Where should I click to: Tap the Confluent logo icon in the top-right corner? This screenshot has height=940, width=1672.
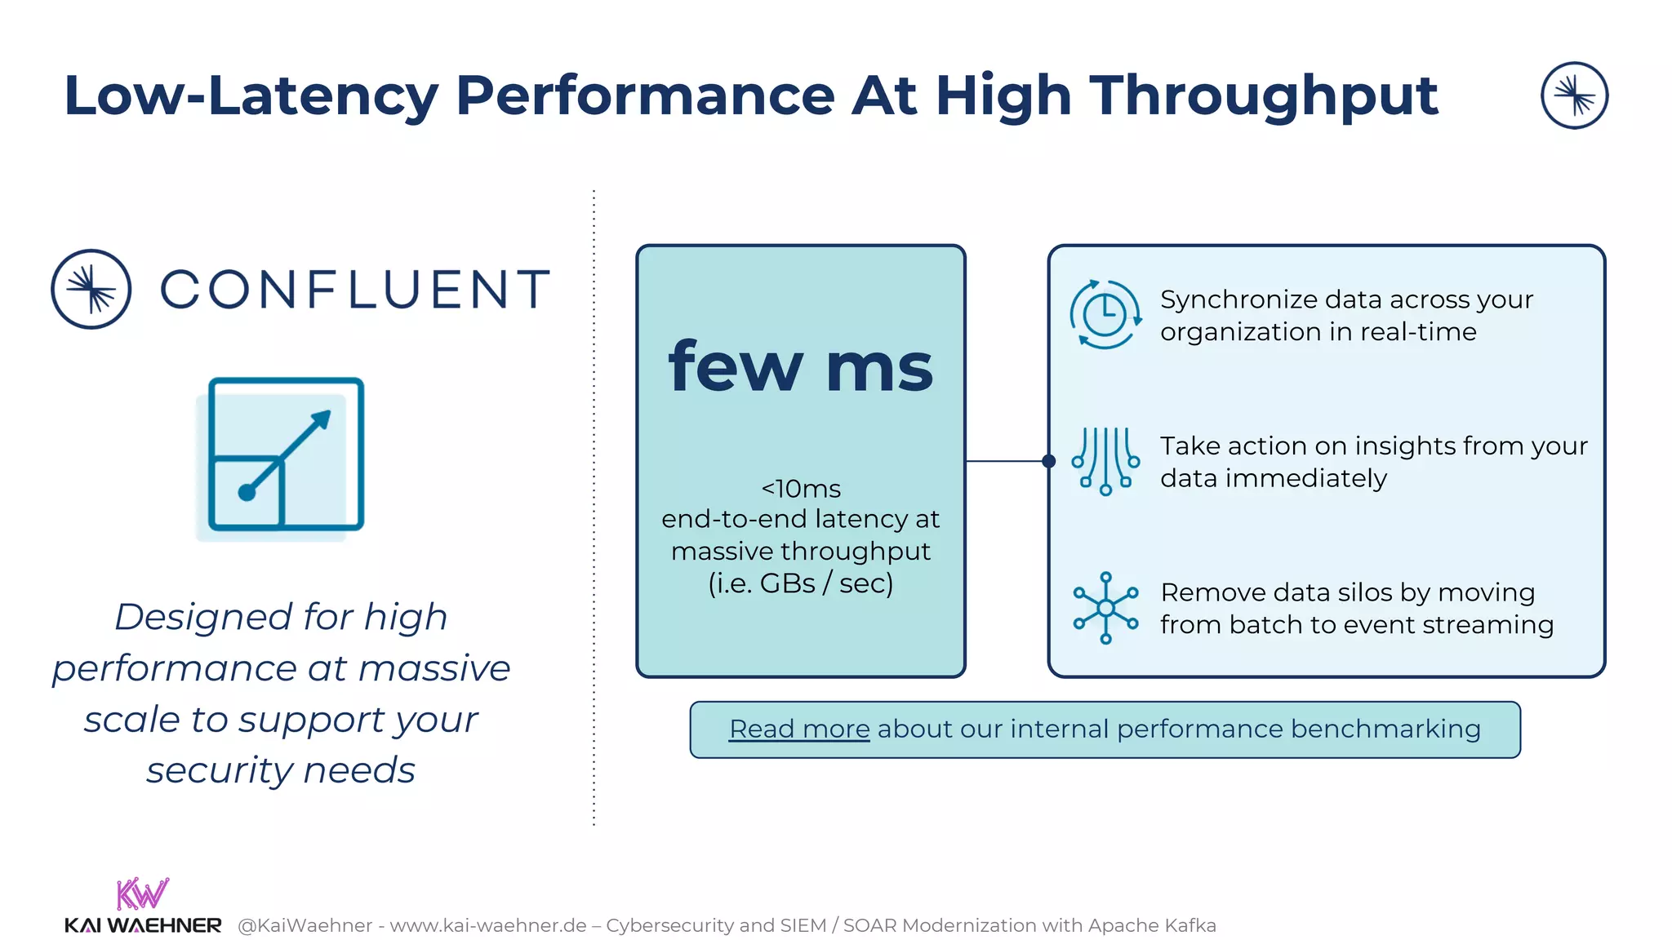point(1574,95)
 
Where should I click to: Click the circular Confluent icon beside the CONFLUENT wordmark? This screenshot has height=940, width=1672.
point(91,289)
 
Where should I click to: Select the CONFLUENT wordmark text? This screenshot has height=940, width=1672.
point(355,289)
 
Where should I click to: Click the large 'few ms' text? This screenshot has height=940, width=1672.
point(800,367)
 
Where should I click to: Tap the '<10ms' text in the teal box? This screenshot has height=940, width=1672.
point(800,489)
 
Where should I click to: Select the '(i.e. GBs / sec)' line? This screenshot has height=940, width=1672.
point(800,583)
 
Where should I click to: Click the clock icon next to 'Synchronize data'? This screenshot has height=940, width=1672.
point(1105,315)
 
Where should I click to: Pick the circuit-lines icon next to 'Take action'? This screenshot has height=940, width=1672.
point(1105,461)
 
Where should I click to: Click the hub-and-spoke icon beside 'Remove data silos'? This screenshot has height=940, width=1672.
point(1105,608)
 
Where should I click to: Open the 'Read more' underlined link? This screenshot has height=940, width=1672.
point(798,729)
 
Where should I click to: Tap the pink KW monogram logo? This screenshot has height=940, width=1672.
point(142,893)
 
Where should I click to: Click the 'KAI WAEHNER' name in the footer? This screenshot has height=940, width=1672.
point(143,925)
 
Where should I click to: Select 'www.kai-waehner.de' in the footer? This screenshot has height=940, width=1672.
point(488,925)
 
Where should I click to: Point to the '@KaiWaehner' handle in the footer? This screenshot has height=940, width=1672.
point(305,925)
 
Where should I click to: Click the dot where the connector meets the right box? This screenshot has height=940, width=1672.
point(1049,461)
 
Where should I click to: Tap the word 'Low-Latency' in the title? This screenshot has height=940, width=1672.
point(251,95)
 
